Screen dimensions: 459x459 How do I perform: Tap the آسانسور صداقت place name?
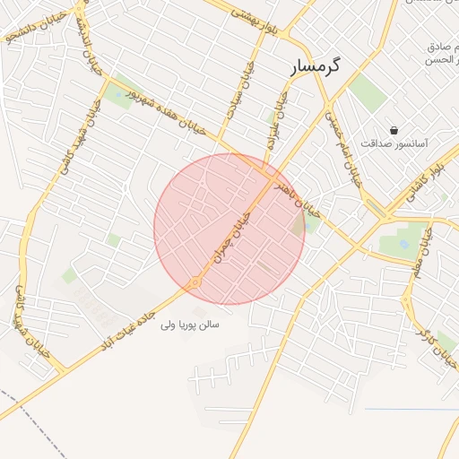(394, 143)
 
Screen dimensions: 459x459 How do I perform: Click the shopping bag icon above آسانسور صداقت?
(394, 130)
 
